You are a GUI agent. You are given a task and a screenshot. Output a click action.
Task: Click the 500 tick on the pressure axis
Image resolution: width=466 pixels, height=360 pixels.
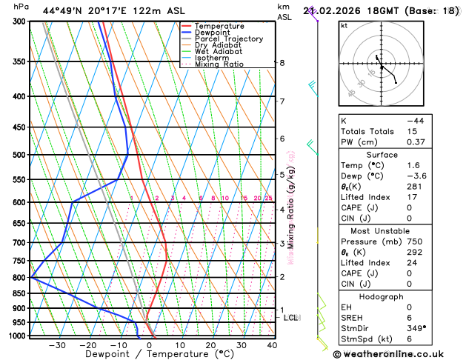coord(20,155)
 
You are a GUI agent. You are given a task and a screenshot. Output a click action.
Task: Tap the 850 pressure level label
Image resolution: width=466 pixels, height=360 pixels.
coord(20,293)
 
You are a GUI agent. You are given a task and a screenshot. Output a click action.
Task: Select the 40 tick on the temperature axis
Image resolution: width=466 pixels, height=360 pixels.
coord(272,345)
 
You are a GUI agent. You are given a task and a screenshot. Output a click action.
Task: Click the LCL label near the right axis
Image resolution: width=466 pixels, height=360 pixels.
coord(291,318)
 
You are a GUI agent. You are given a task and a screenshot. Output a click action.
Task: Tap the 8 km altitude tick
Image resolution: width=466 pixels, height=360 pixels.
coord(282,63)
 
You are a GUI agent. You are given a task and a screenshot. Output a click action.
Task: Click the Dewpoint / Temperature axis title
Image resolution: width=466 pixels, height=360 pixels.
coord(149,355)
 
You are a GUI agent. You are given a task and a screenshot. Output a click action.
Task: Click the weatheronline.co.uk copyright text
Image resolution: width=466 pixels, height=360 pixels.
coord(396,353)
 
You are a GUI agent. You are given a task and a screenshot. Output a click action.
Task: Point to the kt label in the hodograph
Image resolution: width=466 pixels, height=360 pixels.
coord(344,26)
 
